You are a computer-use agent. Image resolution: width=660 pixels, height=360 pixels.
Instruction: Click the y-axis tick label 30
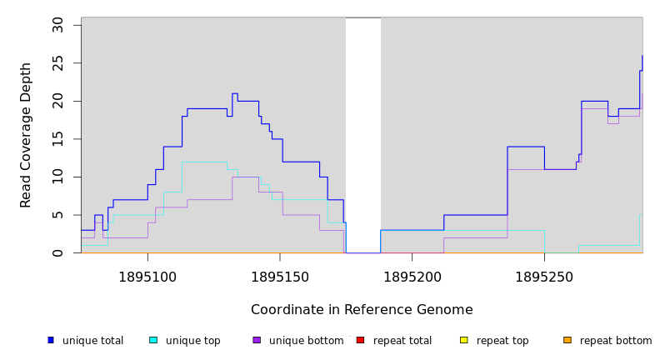coord(57,25)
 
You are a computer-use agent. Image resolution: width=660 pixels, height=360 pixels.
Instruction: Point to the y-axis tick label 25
coord(57,63)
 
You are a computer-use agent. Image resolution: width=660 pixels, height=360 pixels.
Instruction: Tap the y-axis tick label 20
coord(57,101)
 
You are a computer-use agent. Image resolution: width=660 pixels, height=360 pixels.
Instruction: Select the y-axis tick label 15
coord(57,139)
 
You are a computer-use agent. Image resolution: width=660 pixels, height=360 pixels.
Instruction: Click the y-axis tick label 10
coord(57,177)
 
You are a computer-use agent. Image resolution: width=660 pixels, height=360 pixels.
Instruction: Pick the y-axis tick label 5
coord(57,215)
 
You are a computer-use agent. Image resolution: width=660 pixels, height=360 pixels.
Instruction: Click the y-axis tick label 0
coord(57,252)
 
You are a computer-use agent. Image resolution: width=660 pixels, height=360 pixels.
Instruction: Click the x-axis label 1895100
coord(147,276)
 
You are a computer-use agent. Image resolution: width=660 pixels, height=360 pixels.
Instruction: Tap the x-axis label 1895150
coord(280,276)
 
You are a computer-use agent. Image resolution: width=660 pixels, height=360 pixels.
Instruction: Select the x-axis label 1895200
coord(412,276)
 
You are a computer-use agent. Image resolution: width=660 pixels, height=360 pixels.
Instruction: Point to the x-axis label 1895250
coord(544,276)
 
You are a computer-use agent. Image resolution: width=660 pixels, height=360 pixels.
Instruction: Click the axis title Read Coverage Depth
coord(26,135)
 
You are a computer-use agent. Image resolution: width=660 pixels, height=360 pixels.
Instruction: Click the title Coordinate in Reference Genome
coord(362,310)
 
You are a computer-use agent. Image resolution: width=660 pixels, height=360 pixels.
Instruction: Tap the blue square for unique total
coord(51,340)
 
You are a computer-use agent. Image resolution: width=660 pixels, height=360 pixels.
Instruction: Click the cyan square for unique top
coord(153,340)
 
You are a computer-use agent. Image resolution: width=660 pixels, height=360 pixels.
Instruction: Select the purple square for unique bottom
coord(257,340)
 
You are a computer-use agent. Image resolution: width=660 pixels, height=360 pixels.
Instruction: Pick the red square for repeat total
coord(360,340)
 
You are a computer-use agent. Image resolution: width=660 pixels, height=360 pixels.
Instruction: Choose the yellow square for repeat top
coord(463,340)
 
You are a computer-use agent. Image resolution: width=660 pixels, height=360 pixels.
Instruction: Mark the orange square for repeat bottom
coord(567,340)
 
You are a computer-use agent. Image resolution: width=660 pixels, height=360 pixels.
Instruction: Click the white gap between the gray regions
coord(363,133)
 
